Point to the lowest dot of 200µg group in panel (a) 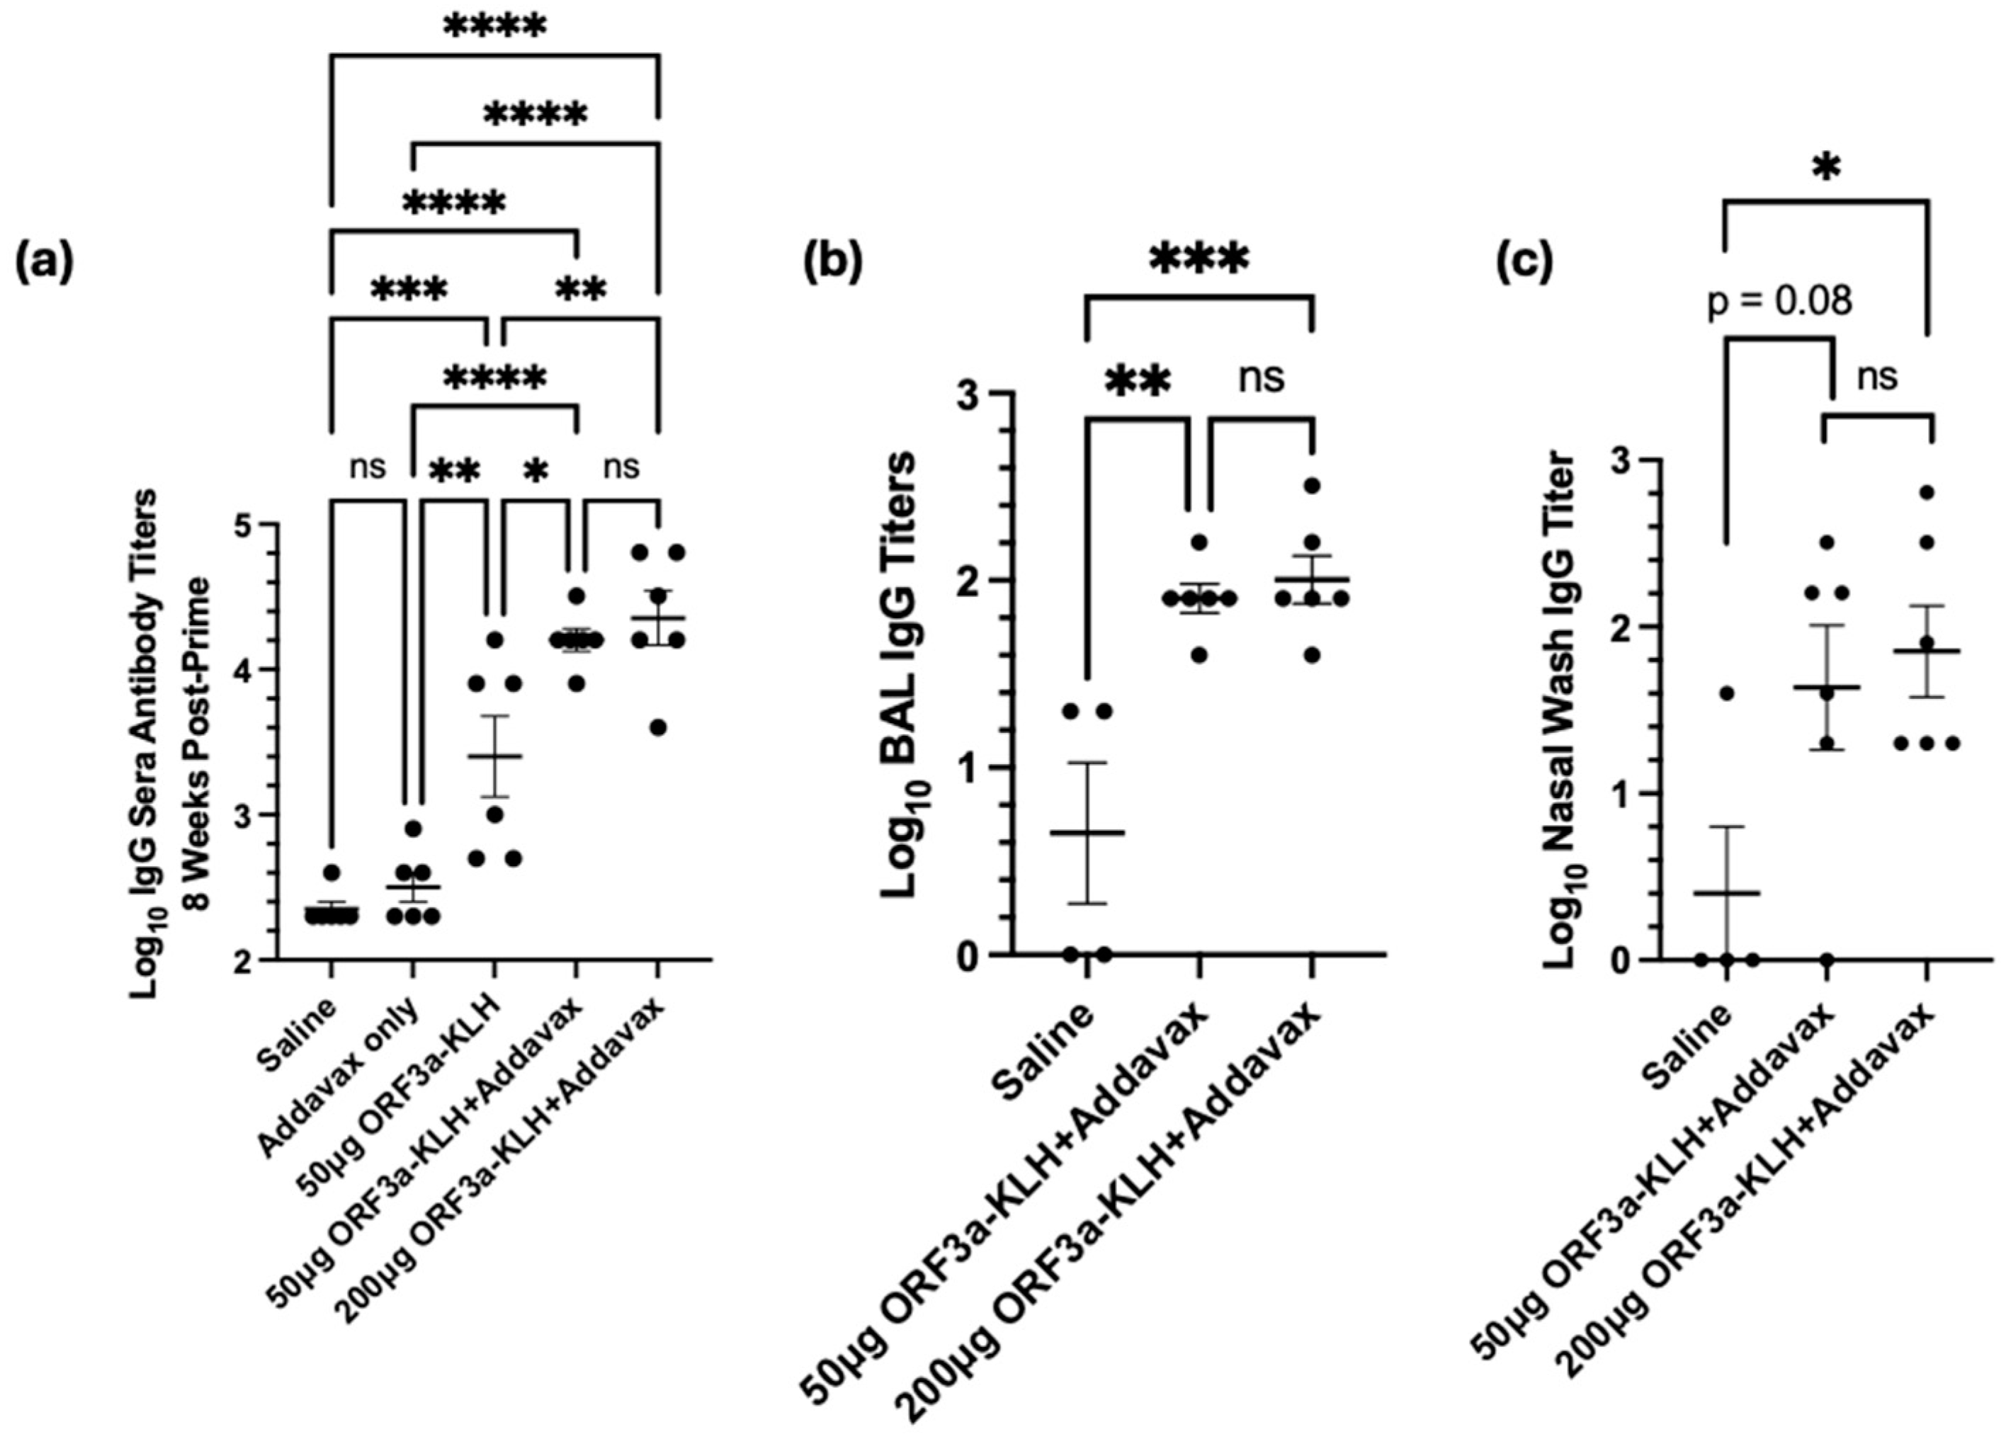point(657,727)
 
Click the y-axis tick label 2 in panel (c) point(1621,627)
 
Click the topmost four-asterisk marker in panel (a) point(494,26)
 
